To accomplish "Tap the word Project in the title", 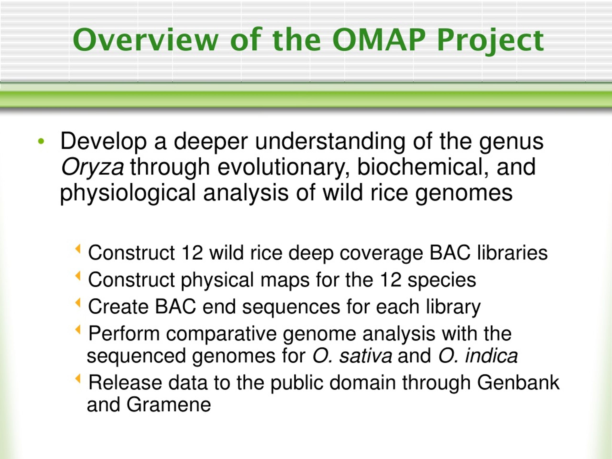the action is [x=491, y=42].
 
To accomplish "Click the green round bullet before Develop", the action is [x=41, y=142].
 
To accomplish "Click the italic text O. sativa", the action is [x=352, y=356].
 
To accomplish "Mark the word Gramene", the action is [x=169, y=404].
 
